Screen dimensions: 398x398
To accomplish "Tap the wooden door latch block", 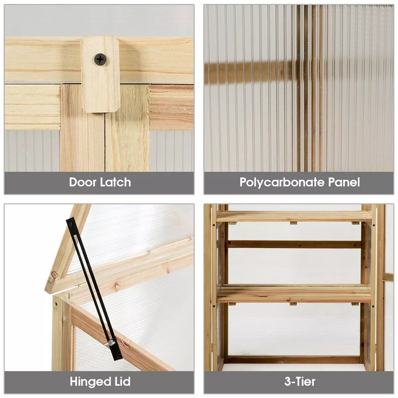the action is tap(100, 74).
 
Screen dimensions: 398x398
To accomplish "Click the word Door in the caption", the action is tap(82, 182).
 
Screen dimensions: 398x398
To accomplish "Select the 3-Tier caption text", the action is tap(300, 381).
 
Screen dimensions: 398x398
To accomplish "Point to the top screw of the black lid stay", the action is tap(71, 224).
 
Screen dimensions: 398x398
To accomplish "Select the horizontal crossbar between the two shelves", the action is tap(294, 244).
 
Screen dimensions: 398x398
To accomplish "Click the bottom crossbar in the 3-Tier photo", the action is tap(294, 360).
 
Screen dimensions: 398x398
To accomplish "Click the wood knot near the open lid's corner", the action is tap(54, 275).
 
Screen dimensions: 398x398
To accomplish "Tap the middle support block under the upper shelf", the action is tap(293, 223).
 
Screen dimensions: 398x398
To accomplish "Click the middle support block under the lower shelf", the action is tap(293, 304).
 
